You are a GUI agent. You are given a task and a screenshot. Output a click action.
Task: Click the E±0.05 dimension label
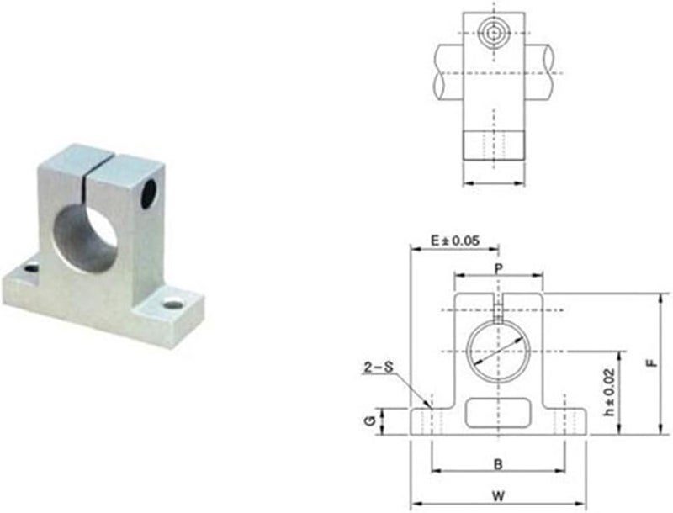[454, 241]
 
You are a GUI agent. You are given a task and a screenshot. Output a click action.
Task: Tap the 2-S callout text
[378, 367]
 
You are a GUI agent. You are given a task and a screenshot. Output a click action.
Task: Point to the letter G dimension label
[370, 420]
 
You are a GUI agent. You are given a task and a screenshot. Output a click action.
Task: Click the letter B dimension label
[498, 463]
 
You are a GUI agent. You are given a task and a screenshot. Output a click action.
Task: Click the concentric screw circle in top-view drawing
[494, 34]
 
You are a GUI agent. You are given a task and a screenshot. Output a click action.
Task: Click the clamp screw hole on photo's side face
[149, 192]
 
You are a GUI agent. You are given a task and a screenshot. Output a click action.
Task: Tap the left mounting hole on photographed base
[31, 268]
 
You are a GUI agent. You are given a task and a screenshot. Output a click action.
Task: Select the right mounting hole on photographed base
[174, 303]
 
